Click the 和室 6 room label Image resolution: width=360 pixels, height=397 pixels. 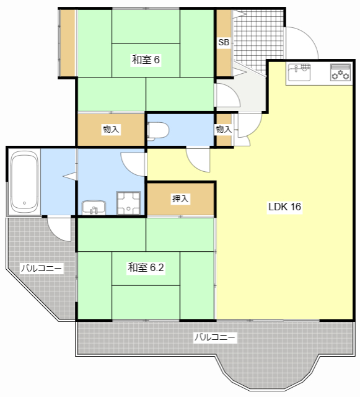146,60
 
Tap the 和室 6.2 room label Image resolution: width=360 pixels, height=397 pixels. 146,267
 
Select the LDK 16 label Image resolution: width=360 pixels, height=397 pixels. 284,207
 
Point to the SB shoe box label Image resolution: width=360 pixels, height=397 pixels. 224,42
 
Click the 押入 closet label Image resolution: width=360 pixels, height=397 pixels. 180,198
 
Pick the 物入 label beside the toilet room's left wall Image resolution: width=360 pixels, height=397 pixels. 110,129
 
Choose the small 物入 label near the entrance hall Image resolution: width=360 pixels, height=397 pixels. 224,129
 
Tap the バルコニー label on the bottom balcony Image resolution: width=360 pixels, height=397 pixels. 215,337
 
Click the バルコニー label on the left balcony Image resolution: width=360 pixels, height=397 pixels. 42,268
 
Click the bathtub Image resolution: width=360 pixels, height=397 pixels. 25,182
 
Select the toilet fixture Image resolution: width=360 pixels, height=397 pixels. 158,131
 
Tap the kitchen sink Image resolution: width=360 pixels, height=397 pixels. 299,72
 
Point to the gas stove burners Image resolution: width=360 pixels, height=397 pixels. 341,73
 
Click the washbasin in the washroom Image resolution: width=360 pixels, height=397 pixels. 94,207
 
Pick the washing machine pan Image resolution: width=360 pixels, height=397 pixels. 128,203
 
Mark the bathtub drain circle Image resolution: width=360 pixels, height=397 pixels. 25,203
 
